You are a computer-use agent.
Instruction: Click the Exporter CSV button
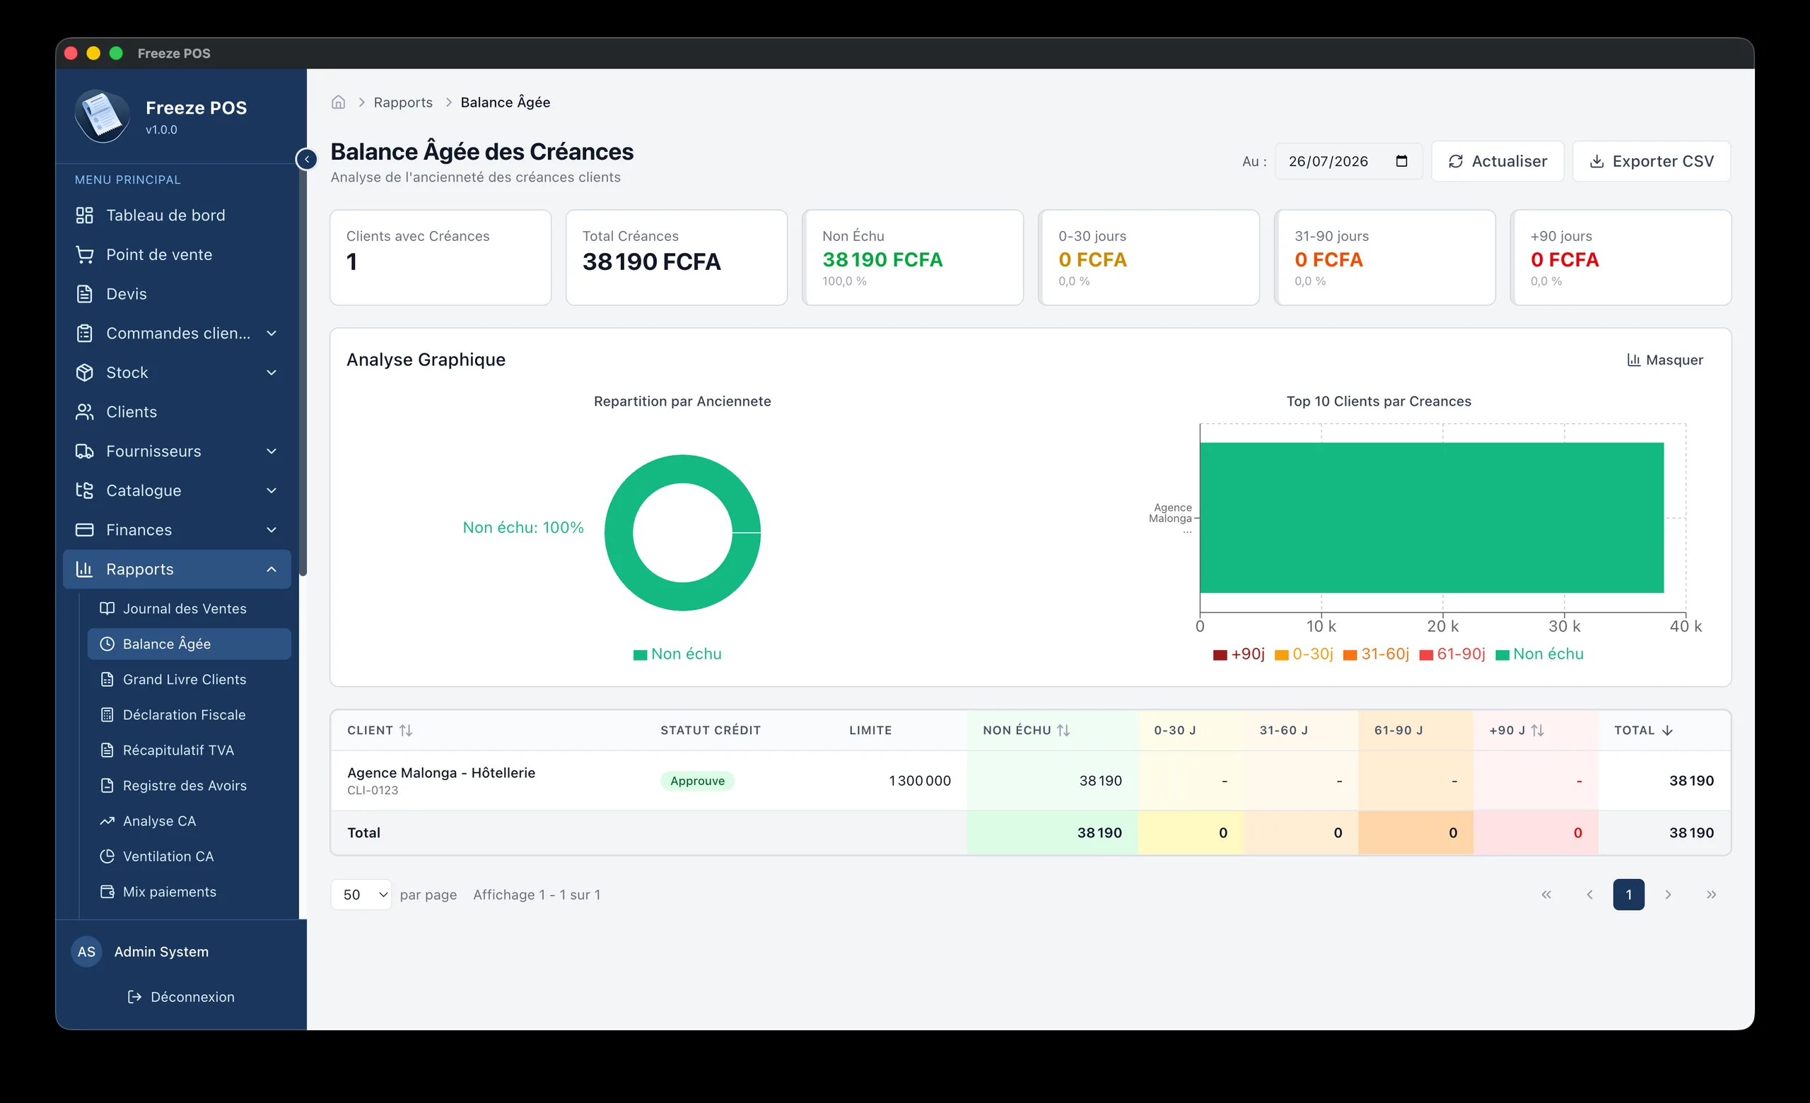(x=1651, y=161)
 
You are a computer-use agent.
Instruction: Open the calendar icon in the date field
(x=1401, y=161)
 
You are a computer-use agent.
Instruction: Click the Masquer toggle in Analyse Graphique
(x=1664, y=360)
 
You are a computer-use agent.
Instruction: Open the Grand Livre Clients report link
(x=185, y=679)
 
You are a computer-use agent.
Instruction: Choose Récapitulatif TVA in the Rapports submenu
(x=177, y=750)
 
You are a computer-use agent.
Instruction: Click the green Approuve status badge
(x=697, y=781)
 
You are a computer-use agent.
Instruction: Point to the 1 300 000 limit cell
(x=919, y=781)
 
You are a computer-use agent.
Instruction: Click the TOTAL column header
(x=1642, y=730)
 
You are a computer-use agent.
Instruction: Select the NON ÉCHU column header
(x=1025, y=730)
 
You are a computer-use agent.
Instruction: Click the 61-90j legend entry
(x=1452, y=654)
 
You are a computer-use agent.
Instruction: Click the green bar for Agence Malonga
(x=1431, y=518)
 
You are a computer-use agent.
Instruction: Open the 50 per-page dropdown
(x=361, y=895)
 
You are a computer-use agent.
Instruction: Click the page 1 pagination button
(x=1628, y=895)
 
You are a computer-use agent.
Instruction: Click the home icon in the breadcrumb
(x=338, y=102)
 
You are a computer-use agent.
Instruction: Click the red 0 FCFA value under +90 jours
(x=1564, y=260)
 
